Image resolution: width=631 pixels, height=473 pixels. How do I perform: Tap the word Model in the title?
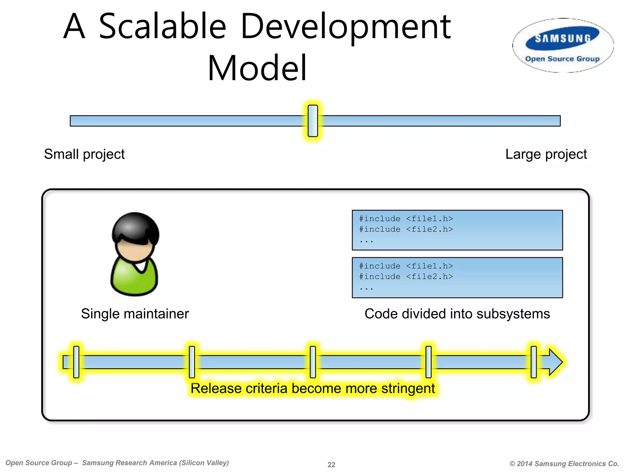pos(257,68)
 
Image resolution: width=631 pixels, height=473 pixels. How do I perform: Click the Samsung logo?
pos(563,39)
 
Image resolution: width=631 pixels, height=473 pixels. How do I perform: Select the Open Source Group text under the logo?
pos(562,59)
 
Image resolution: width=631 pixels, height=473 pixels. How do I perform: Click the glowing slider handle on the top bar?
pos(313,121)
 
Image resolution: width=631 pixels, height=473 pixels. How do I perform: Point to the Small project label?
pos(84,154)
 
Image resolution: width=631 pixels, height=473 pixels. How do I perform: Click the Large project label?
pos(546,154)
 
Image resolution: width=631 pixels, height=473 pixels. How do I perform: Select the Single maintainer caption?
pos(135,314)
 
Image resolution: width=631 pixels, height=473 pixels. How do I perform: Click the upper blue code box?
pos(457,230)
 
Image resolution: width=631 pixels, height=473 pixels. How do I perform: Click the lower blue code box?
pos(457,277)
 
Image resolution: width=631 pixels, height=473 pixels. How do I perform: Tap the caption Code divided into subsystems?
pos(457,314)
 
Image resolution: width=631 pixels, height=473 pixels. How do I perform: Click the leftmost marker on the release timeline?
pos(76,362)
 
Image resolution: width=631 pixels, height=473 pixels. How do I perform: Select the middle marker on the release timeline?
pos(313,362)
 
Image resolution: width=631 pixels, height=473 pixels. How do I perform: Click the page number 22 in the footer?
pos(331,464)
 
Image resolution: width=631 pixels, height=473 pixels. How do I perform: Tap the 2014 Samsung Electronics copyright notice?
pos(564,463)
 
